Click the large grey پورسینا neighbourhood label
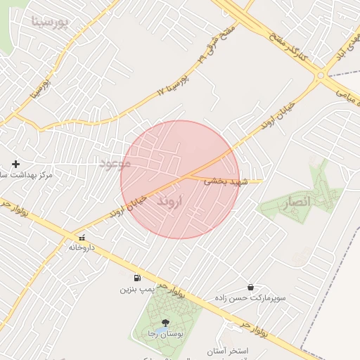click(51, 22)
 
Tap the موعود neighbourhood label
click(115, 163)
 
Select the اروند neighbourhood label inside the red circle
click(169, 201)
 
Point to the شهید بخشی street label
click(226, 181)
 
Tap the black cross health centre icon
click(15, 163)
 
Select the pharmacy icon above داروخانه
click(82, 238)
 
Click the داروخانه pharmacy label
click(82, 247)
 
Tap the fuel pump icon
click(136, 278)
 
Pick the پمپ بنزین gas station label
click(136, 289)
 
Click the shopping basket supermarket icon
click(250, 287)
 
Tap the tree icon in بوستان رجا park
click(165, 323)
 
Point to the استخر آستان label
click(224, 350)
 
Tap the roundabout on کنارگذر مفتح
click(320, 75)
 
